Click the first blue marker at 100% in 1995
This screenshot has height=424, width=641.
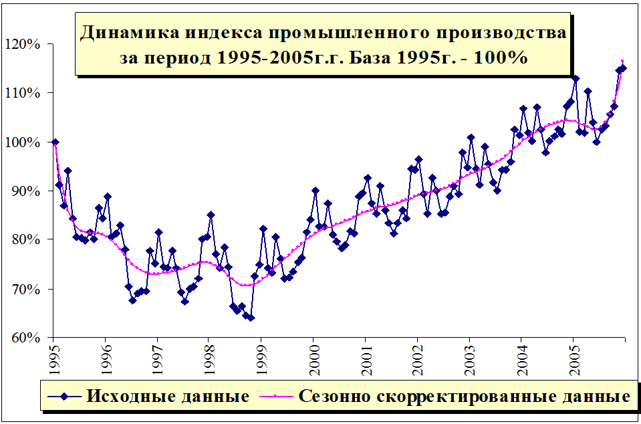click(x=55, y=142)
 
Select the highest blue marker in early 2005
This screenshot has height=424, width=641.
click(x=576, y=79)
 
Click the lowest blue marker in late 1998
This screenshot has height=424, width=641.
click(x=251, y=318)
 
